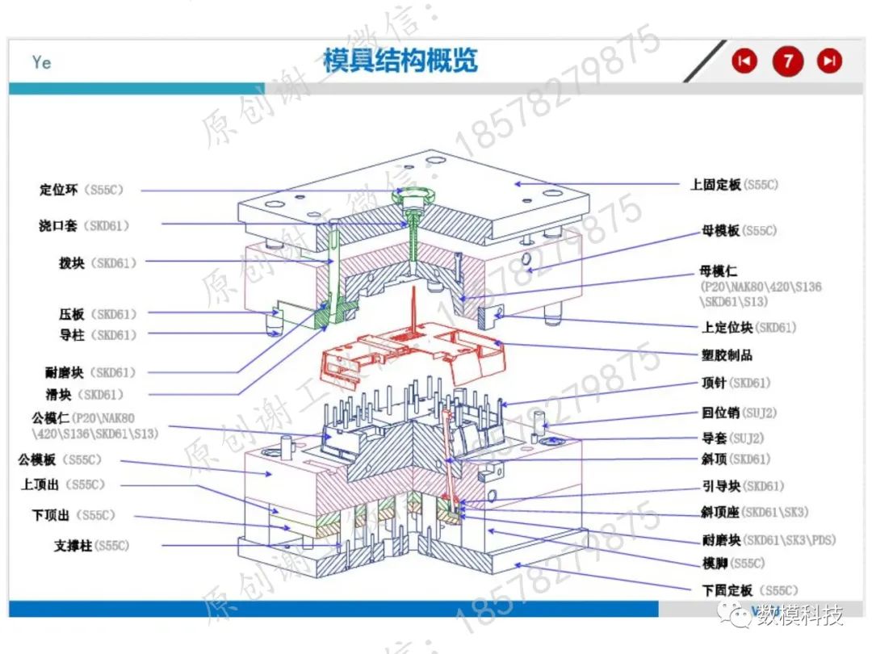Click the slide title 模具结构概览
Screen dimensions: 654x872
(x=400, y=61)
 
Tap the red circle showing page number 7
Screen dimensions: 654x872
(x=788, y=61)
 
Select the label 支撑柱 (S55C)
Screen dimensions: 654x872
(x=91, y=546)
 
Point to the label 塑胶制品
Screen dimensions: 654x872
(x=727, y=354)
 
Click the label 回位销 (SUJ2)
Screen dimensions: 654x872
(x=739, y=413)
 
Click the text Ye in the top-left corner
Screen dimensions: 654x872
(x=42, y=62)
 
